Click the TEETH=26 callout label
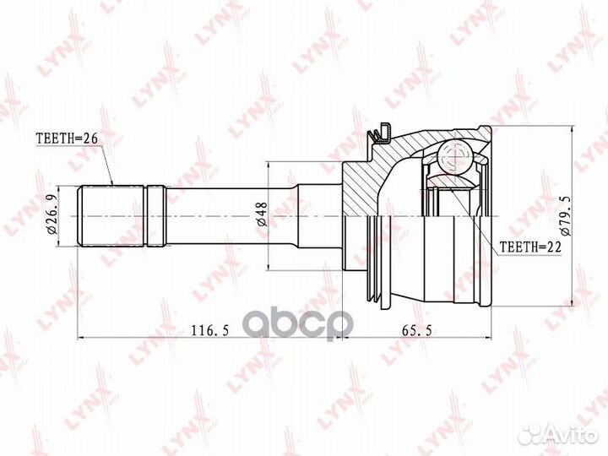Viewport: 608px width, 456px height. [68, 138]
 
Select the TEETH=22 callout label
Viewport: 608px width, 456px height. [530, 247]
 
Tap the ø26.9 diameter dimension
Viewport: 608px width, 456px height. [52, 215]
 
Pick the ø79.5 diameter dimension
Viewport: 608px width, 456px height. [565, 215]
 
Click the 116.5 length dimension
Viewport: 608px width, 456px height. [210, 331]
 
